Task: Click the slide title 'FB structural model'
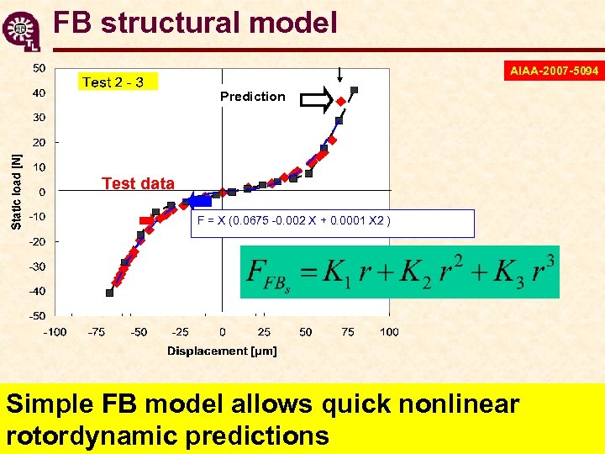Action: pyautogui.click(x=195, y=22)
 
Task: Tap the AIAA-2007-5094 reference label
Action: pyautogui.click(x=554, y=71)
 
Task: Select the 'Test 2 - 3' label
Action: pyautogui.click(x=113, y=82)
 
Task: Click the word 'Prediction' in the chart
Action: pyautogui.click(x=252, y=97)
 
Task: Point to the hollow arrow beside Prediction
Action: pyautogui.click(x=317, y=102)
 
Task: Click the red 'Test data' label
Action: pyautogui.click(x=138, y=183)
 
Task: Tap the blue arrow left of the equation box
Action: pyautogui.click(x=199, y=200)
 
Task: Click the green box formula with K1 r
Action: pyautogui.click(x=399, y=272)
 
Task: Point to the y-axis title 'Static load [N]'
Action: pyautogui.click(x=17, y=187)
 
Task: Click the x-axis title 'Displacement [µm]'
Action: pyautogui.click(x=222, y=351)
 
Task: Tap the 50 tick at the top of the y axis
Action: pyautogui.click(x=39, y=67)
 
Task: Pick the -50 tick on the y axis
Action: pyautogui.click(x=38, y=316)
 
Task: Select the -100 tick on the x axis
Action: pyautogui.click(x=56, y=332)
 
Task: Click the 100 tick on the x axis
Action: pyautogui.click(x=389, y=332)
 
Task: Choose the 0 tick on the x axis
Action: pyautogui.click(x=222, y=332)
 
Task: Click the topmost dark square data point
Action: pyautogui.click(x=354, y=89)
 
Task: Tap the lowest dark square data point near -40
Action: pyautogui.click(x=109, y=293)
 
